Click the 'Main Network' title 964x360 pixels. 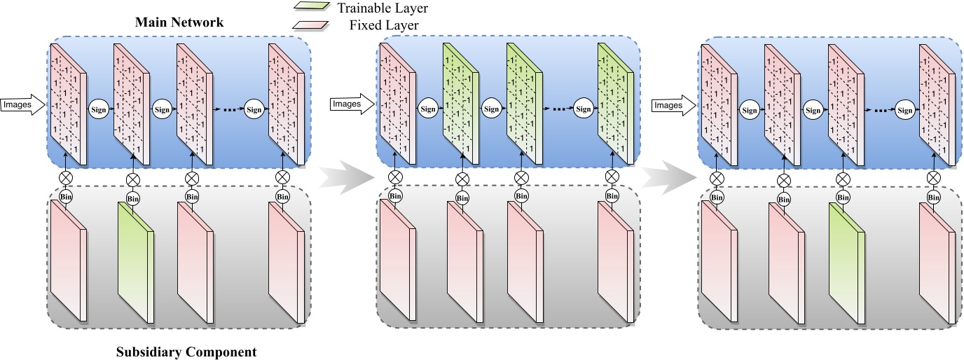point(179,23)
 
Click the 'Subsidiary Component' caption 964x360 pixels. point(186,351)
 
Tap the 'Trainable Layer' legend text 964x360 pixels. point(382,9)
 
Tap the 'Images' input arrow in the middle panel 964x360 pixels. point(350,104)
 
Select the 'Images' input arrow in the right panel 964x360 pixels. point(673,105)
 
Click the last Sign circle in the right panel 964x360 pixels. point(904,110)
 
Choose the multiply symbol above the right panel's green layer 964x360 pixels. point(843,180)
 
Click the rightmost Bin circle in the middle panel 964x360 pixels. point(612,196)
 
